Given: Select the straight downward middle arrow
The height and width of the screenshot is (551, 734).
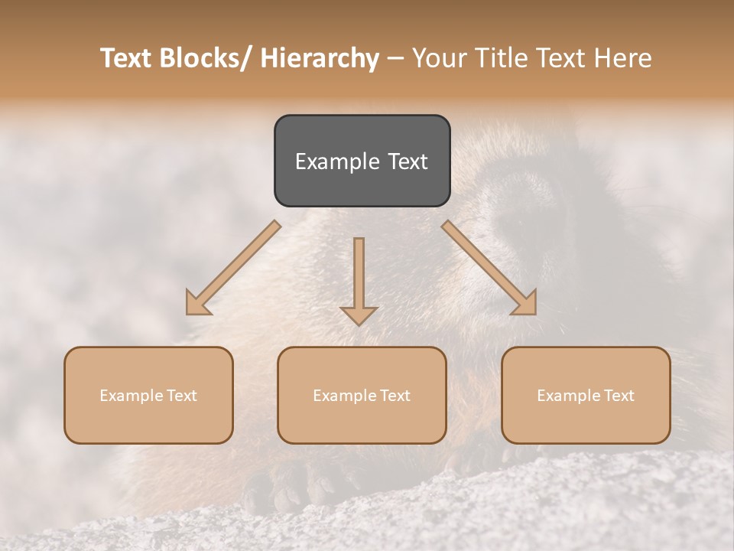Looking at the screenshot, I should coord(359,280).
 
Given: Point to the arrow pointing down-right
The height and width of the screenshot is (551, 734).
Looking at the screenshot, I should coord(489,267).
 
